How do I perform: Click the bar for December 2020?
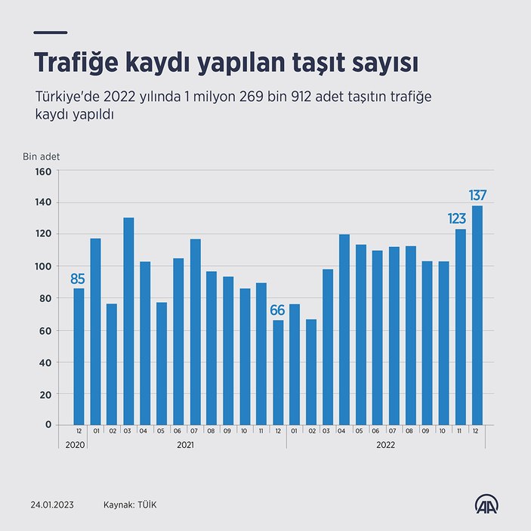(79, 357)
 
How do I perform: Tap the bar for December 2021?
(278, 372)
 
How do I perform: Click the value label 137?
(477, 196)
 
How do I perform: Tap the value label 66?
(278, 310)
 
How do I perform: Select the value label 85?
(79, 279)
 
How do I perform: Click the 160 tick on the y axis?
(43, 171)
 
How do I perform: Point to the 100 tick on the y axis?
(43, 267)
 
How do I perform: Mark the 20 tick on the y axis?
(45, 394)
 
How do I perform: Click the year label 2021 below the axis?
(186, 445)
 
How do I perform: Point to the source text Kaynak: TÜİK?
(131, 504)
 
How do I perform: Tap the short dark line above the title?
(51, 32)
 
